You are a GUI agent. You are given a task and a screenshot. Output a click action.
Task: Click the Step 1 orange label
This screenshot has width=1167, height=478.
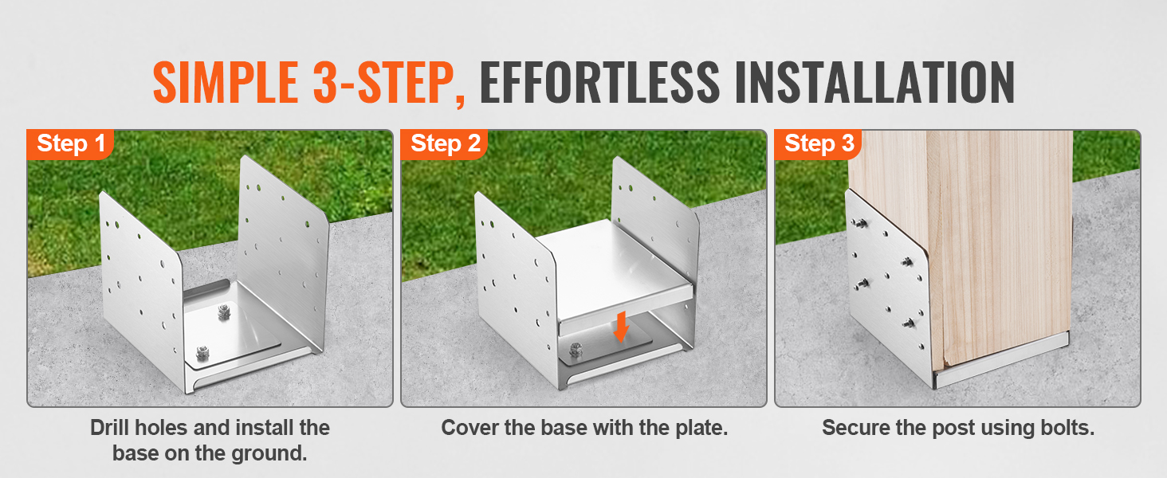(x=70, y=143)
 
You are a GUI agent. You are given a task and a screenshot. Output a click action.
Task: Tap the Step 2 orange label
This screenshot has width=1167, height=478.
(x=444, y=143)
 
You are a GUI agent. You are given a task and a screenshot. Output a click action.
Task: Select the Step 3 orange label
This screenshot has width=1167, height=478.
(x=818, y=143)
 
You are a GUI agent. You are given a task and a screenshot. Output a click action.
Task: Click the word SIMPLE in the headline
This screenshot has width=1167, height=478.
(x=225, y=82)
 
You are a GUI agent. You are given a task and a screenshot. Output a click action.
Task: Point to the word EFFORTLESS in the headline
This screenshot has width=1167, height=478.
(x=599, y=82)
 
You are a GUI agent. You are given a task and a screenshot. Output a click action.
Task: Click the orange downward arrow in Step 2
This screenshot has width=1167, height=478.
(x=621, y=327)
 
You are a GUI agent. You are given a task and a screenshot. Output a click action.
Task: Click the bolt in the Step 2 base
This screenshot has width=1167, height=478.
(x=576, y=350)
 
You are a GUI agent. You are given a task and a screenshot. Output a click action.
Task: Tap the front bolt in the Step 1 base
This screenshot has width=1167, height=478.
(x=202, y=353)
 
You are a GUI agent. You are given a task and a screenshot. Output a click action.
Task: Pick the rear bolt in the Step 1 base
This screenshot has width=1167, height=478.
(x=225, y=311)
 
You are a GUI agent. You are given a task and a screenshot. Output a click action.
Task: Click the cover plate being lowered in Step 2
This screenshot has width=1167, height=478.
(x=617, y=276)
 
